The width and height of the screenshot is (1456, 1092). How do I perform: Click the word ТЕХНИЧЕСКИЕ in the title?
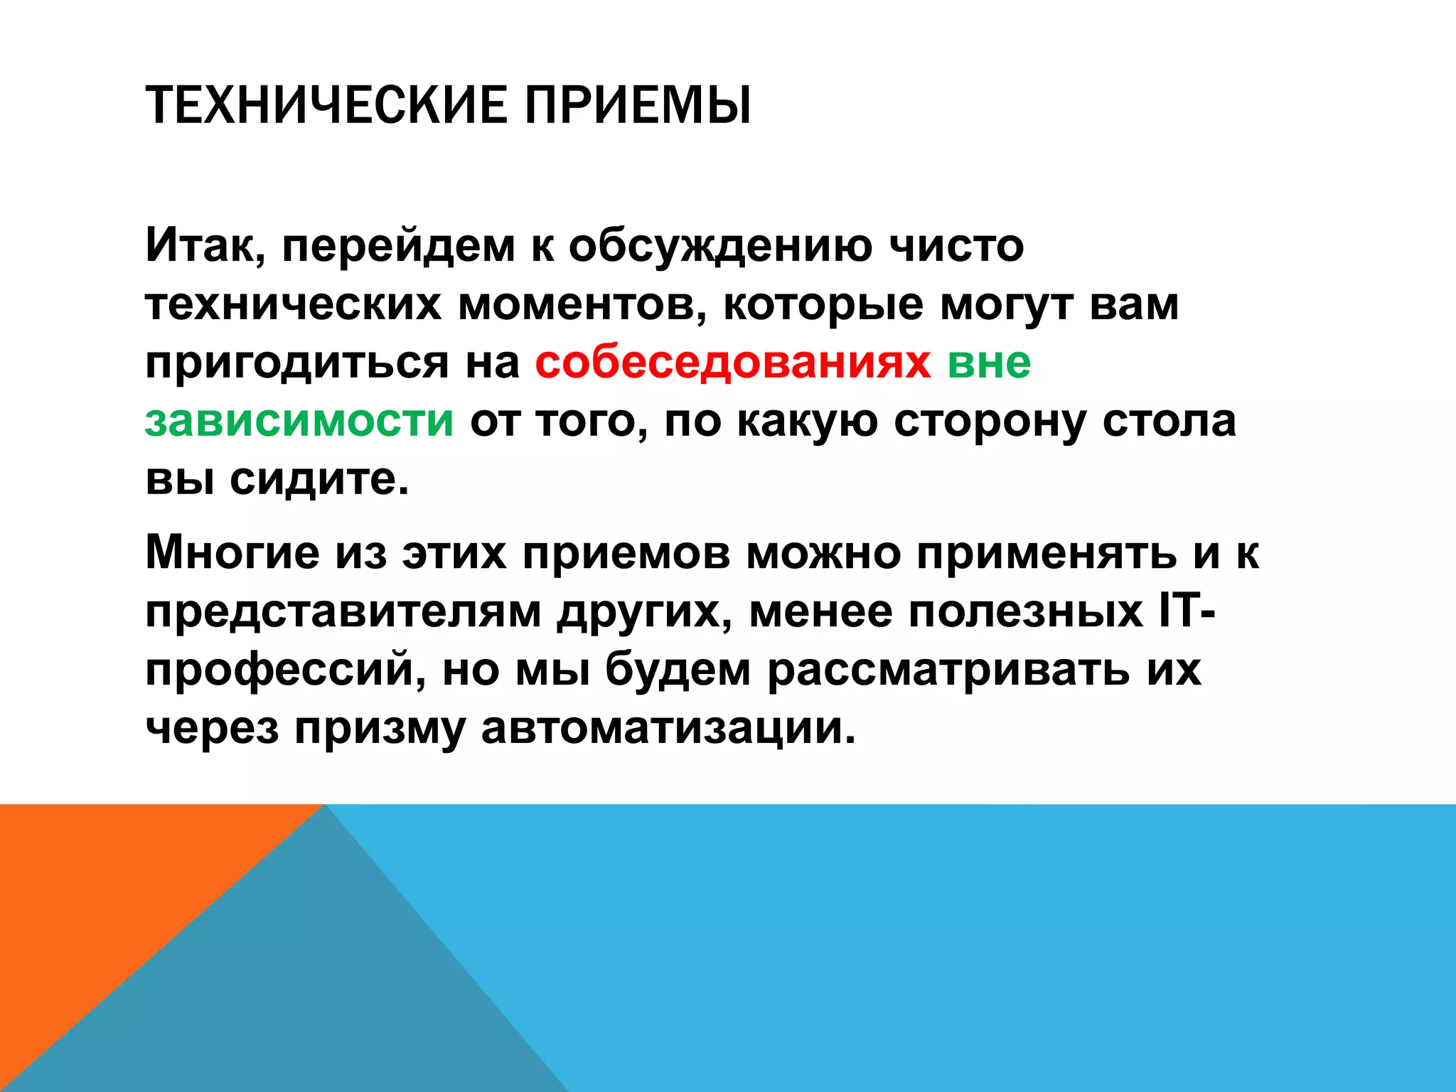[325, 105]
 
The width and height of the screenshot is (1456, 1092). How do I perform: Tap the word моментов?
[582, 304]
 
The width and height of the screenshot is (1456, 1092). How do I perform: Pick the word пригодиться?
[297, 363]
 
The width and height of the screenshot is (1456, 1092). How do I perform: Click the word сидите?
[319, 479]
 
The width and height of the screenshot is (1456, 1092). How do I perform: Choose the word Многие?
[232, 552]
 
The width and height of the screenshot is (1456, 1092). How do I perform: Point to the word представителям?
[343, 611]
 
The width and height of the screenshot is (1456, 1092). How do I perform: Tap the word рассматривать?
[948, 670]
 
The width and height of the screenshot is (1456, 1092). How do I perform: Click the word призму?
[380, 730]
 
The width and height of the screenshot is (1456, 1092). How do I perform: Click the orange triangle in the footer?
[107, 889]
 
